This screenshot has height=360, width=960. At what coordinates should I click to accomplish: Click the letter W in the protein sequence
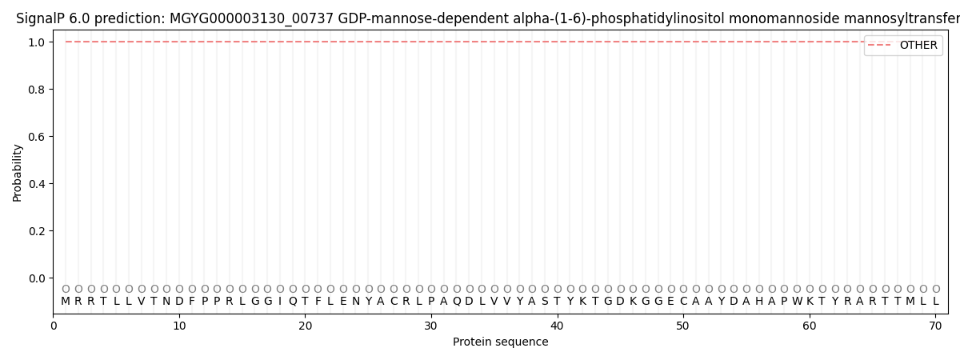(797, 302)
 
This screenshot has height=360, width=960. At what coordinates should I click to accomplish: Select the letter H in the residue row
(759, 302)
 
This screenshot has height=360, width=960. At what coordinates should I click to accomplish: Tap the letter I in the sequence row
(280, 302)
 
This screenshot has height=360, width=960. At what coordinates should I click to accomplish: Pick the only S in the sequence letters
(545, 302)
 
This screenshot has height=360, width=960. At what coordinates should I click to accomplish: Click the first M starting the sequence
(66, 302)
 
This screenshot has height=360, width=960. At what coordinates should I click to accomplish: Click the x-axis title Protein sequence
(501, 342)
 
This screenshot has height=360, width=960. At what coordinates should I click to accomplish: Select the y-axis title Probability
(18, 172)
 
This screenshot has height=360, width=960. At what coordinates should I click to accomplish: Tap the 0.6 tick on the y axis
(35, 137)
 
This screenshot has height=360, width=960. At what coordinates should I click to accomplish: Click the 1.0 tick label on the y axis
(35, 42)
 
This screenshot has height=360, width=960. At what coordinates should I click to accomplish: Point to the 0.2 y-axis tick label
(35, 231)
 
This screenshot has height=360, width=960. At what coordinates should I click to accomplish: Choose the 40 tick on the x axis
(557, 326)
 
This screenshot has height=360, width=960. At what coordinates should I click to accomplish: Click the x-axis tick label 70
(935, 326)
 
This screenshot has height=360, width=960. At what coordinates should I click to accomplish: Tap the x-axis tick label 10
(179, 326)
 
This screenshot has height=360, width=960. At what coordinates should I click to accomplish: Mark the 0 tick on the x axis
(54, 326)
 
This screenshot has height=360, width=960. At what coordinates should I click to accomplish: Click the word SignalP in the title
(39, 18)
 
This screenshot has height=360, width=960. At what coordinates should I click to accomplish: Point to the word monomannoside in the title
(775, 18)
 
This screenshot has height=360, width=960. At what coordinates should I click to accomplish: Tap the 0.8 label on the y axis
(35, 90)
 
